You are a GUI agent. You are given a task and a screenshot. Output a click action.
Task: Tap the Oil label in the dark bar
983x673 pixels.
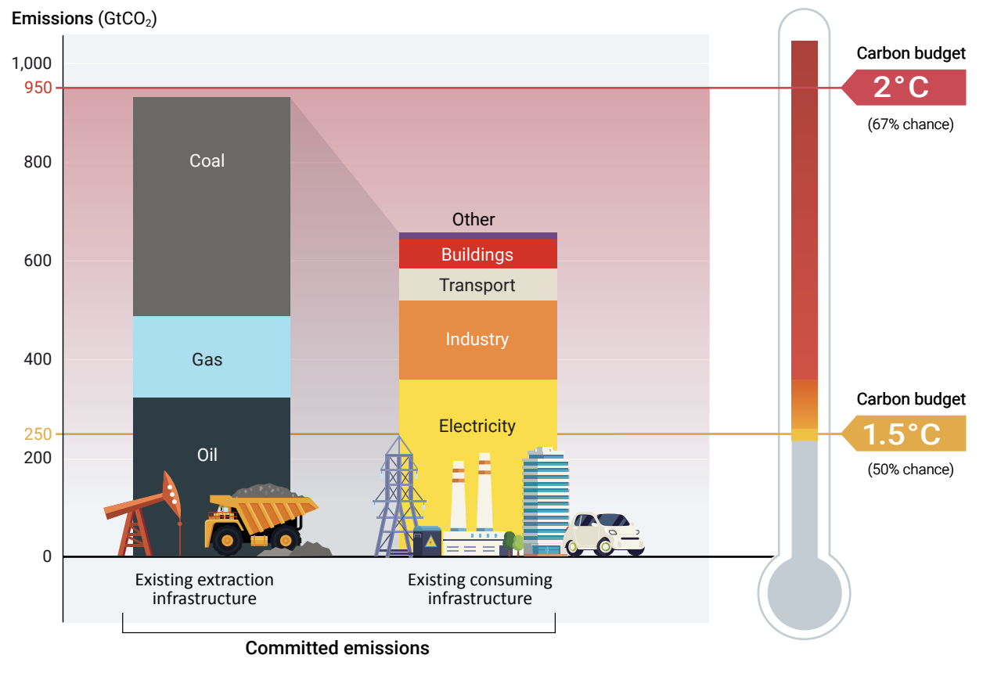pyautogui.click(x=207, y=455)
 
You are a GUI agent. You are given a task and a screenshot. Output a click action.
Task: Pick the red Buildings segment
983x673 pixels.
pyautogui.click(x=477, y=254)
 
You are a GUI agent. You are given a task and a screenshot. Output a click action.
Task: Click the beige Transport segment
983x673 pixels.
pyautogui.click(x=477, y=285)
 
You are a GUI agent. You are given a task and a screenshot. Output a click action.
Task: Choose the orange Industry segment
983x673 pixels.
pyautogui.click(x=477, y=340)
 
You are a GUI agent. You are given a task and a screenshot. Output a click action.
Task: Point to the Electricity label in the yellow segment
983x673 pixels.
pyautogui.click(x=477, y=426)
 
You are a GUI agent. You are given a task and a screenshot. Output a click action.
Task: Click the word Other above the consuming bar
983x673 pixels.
pyautogui.click(x=473, y=220)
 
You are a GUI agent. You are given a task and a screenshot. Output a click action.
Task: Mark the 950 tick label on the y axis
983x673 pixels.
pyautogui.click(x=38, y=88)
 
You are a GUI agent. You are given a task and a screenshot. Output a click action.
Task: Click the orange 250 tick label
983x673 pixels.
pyautogui.click(x=38, y=434)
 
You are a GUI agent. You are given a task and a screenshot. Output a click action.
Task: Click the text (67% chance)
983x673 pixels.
pyautogui.click(x=910, y=124)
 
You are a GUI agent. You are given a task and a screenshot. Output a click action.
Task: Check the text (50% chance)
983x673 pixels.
pyautogui.click(x=910, y=470)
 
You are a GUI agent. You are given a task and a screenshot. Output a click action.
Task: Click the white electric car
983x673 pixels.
pyautogui.click(x=604, y=534)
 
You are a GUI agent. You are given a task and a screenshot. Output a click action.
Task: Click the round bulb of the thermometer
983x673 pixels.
pyautogui.click(x=804, y=592)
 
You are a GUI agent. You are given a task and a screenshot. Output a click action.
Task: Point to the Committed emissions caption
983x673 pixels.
pyautogui.click(x=337, y=648)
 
